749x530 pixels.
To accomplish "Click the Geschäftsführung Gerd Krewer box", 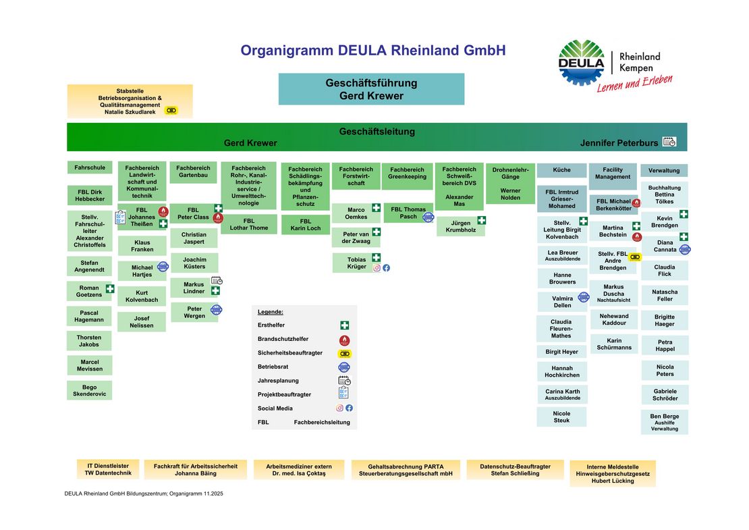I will coord(371,89).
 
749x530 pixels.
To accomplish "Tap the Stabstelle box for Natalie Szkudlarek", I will coord(130,101).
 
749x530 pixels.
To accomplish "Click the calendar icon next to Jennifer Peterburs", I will coord(669,142).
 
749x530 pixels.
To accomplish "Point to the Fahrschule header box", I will coord(90,167).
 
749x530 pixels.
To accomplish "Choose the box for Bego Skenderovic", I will coord(90,390).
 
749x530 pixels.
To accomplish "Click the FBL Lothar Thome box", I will coord(249,224).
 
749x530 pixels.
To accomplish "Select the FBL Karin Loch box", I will coord(306,225).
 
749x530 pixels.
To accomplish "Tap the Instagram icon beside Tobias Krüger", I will coord(377,267).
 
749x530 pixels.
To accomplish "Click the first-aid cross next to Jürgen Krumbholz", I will coord(481,220).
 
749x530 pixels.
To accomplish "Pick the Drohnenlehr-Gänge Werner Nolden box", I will coord(510,184).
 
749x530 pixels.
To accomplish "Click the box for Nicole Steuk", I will coord(561,417).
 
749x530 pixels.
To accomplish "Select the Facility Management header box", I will coord(613,174).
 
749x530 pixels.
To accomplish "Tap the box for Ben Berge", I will coord(665,422).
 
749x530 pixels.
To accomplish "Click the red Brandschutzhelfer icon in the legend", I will coord(344,340).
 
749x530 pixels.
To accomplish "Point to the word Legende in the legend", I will coord(271,312).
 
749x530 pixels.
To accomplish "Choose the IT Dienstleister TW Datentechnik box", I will coord(108,469).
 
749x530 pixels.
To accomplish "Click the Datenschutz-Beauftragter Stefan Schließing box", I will coord(509,470).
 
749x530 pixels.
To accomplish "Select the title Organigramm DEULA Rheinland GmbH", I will coord(372,51).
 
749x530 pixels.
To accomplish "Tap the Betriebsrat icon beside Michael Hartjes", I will coord(163,267).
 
